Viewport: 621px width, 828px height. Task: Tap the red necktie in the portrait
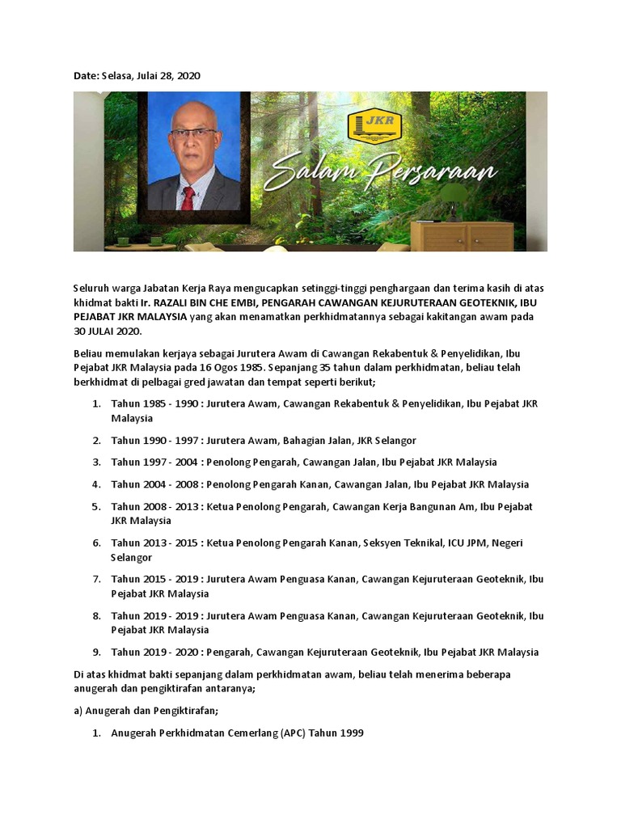[x=188, y=196]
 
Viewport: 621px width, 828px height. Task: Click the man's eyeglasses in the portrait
[x=194, y=132]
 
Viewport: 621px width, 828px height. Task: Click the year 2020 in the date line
[x=188, y=75]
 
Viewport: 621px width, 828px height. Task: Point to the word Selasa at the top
[x=120, y=75]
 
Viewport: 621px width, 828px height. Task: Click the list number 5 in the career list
[x=95, y=506]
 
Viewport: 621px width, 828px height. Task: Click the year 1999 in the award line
[x=350, y=733]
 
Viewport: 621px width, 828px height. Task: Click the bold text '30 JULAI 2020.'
[x=105, y=332]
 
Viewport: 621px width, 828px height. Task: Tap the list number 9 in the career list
[x=95, y=652]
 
